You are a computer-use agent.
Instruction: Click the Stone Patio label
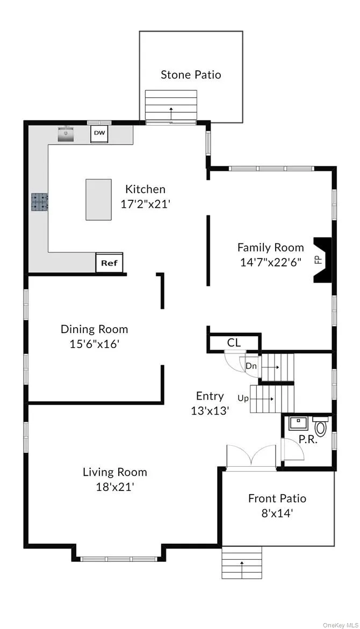pos(191,75)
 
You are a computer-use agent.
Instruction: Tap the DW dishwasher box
pos(99,133)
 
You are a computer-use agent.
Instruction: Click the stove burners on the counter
pos(40,201)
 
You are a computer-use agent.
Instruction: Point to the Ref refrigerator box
pos(109,263)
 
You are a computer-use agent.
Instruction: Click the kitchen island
pos(98,199)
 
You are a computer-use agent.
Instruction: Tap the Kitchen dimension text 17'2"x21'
pos(145,204)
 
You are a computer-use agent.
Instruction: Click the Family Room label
pos(270,248)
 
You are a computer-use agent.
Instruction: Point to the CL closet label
pos(234,343)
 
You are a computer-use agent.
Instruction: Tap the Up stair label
pos(243,399)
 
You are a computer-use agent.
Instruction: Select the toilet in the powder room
pos(321,428)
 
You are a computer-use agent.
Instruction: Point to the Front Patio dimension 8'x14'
pos(277,513)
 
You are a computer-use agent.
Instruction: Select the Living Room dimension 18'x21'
pos(114,487)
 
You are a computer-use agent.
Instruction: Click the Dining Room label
pos(94,329)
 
